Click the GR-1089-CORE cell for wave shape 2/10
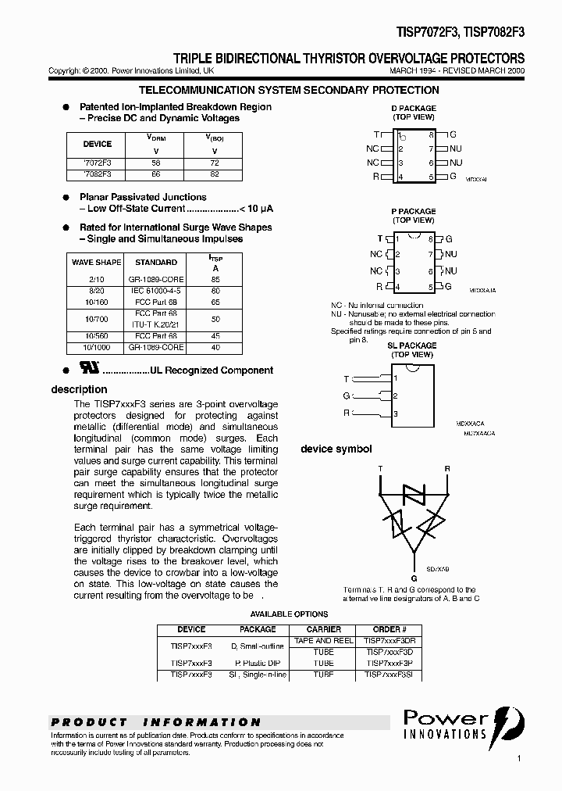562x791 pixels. pos(156,278)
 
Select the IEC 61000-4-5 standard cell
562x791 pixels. pos(156,289)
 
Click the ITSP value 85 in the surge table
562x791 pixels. pos(215,278)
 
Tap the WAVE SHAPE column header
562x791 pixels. pos(96,263)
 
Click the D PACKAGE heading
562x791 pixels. pos(413,108)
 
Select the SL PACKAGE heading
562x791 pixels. pos(412,345)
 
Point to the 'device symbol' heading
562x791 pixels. pos(336,449)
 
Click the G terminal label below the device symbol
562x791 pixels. pos(414,578)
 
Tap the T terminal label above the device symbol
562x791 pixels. pos(380,469)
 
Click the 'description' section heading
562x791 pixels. pos(79,389)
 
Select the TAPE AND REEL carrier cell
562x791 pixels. pos(323,640)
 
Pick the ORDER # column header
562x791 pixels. pos(389,629)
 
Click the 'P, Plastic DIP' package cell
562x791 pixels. pos(258,663)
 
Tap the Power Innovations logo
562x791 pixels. pos(464,724)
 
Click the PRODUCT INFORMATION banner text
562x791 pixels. pos(156,722)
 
